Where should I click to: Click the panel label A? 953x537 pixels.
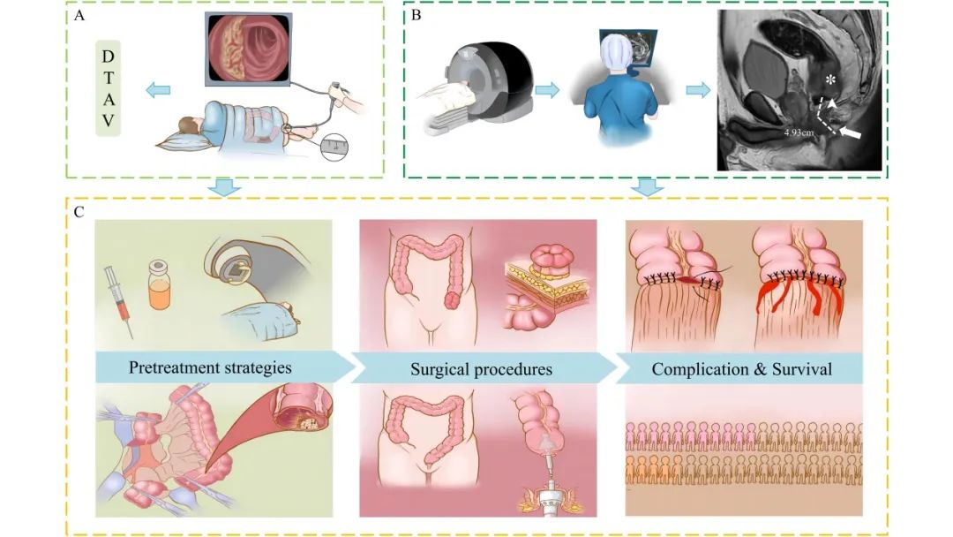[79, 15]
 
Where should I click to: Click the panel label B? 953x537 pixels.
[416, 15]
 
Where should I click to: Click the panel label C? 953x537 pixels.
[79, 212]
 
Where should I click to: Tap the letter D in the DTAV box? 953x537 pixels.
[109, 57]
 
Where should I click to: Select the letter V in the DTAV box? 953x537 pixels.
[109, 121]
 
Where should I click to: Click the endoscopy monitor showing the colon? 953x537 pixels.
[249, 48]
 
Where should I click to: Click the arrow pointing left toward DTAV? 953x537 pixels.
[158, 91]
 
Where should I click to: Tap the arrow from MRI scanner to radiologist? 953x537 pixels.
[547, 91]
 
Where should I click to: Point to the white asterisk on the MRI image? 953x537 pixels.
[830, 79]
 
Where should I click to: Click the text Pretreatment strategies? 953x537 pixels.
[210, 367]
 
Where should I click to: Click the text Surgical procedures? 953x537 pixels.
[482, 369]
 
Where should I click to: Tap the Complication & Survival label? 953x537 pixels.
[741, 369]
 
